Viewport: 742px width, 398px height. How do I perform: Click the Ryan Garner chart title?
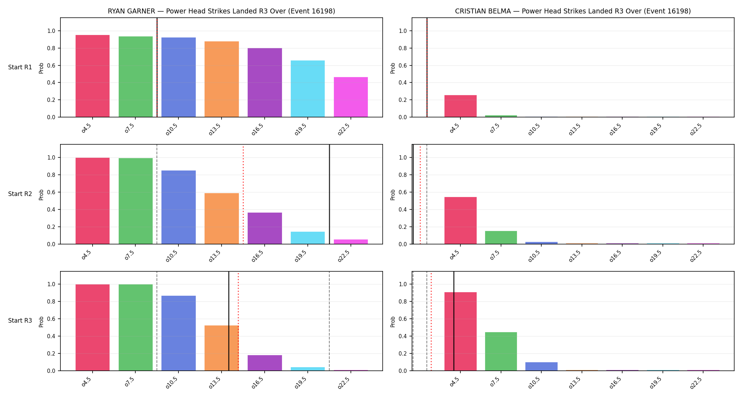coord(222,11)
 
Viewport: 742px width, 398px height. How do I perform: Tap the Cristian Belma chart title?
coord(573,11)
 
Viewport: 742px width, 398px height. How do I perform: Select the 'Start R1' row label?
coord(20,67)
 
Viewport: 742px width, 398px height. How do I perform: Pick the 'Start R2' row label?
coord(20,194)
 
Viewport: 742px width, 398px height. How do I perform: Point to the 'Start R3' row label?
coord(20,321)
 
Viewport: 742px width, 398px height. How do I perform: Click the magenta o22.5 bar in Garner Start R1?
coord(351,97)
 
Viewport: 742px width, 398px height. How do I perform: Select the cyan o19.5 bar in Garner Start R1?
coord(308,89)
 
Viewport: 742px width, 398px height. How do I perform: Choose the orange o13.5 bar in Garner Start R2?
coord(222,219)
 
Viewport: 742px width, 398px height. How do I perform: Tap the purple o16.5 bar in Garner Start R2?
coord(265,228)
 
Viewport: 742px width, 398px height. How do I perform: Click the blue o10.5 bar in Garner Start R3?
coord(178,333)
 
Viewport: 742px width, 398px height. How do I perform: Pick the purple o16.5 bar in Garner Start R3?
coord(265,363)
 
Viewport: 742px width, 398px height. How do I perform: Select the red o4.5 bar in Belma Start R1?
coord(460,106)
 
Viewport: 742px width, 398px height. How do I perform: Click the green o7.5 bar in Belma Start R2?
coord(501,237)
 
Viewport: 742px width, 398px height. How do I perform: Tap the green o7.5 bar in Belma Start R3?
coord(501,351)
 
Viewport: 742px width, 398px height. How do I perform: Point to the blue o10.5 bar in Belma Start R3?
coord(541,367)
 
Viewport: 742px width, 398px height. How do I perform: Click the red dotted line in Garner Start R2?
coord(243,194)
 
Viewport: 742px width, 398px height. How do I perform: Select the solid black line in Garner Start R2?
coord(329,194)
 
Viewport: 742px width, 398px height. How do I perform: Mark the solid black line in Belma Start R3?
coord(454,321)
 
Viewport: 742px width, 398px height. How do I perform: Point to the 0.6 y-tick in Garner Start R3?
coord(51,319)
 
